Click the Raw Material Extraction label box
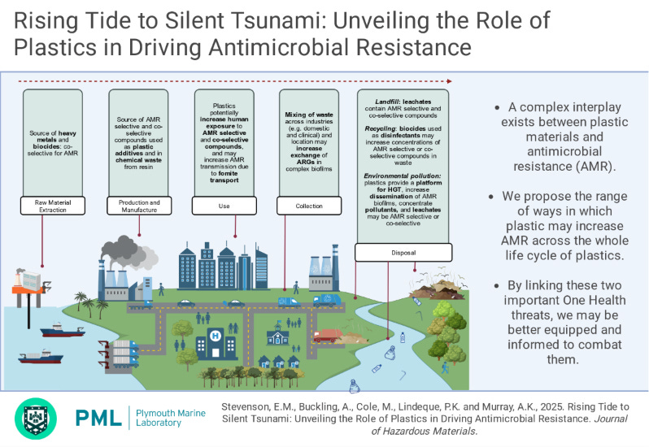pyautogui.click(x=53, y=206)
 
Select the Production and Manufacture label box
pyautogui.click(x=139, y=206)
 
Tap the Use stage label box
pyautogui.click(x=224, y=206)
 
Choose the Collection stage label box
pyautogui.click(x=309, y=206)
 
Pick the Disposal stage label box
pyautogui.click(x=403, y=252)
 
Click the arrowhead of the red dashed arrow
pyautogui.click(x=450, y=81)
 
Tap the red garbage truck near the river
pyautogui.click(x=329, y=336)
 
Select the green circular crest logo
pyautogui.click(x=36, y=419)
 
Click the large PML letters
pyautogui.click(x=98, y=418)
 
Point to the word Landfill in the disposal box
pyautogui.click(x=388, y=102)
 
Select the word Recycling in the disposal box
pyautogui.click(x=381, y=128)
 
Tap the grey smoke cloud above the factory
pyautogui.click(x=128, y=251)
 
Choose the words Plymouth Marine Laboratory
pyautogui.click(x=171, y=418)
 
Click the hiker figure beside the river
pyautogui.click(x=445, y=367)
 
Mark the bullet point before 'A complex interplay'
pyautogui.click(x=497, y=108)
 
